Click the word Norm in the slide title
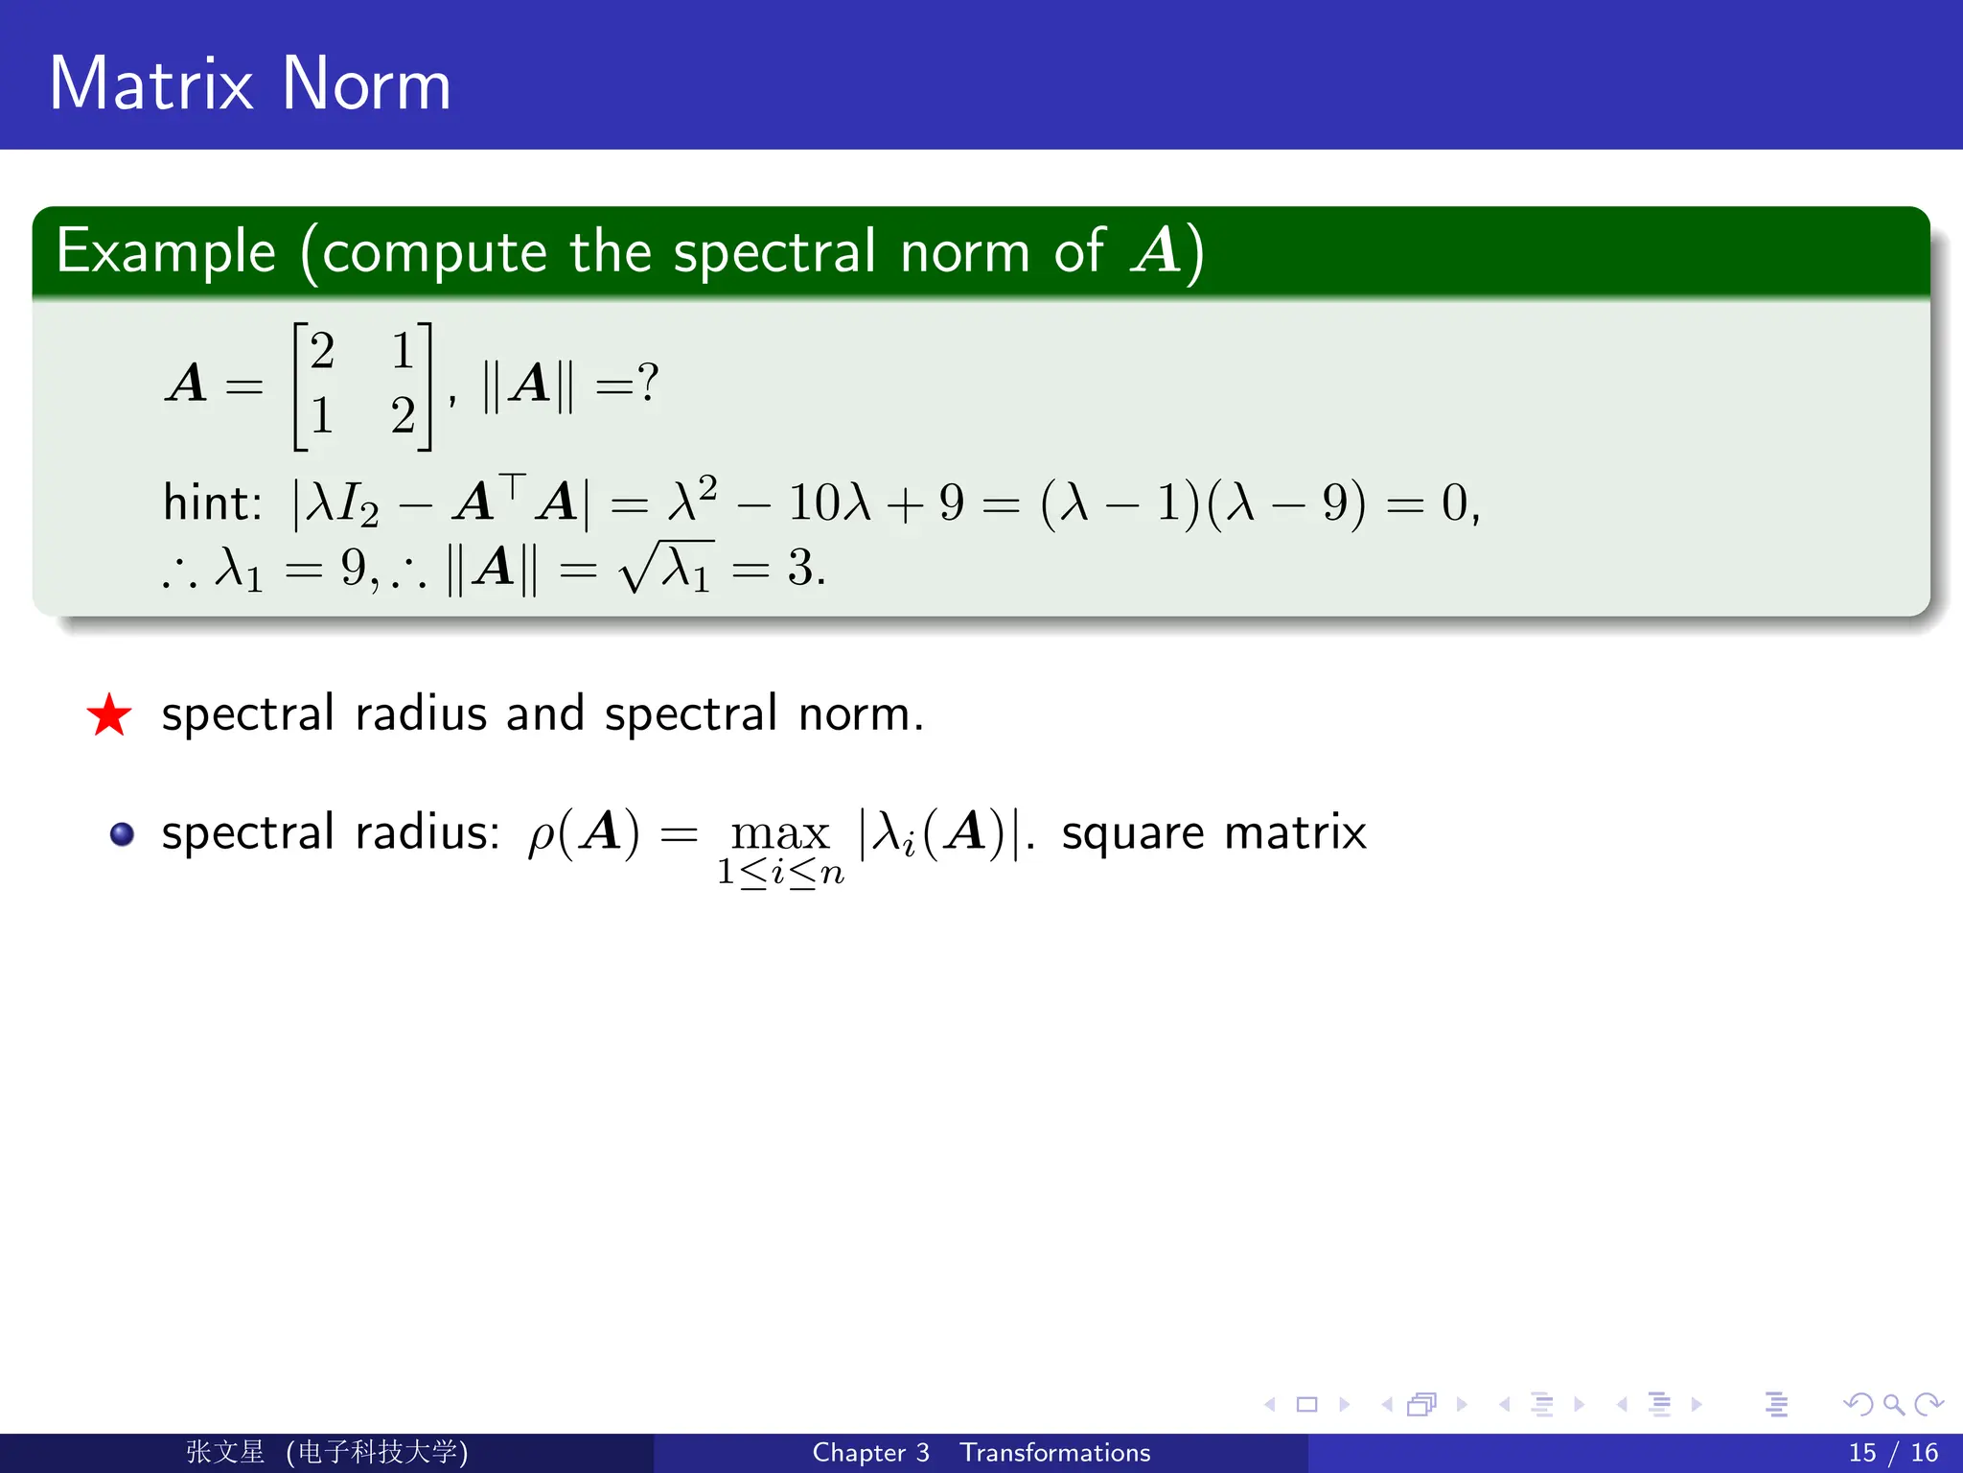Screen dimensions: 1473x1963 (x=366, y=84)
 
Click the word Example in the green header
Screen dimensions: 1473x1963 (x=166, y=253)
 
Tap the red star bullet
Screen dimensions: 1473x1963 (x=109, y=715)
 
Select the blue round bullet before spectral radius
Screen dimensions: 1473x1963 (x=122, y=833)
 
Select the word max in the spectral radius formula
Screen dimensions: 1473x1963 (x=779, y=832)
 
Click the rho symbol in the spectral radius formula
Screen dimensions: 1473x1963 (x=542, y=835)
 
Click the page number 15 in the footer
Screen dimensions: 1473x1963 (x=1862, y=1453)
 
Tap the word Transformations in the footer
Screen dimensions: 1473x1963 (x=1055, y=1453)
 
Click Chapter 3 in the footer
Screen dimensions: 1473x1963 (x=870, y=1453)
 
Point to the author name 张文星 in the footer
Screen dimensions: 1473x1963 (x=225, y=1452)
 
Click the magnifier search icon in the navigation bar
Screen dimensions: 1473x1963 (x=1893, y=1405)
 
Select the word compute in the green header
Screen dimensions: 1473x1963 (x=434, y=253)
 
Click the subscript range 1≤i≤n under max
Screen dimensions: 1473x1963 (x=780, y=873)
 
